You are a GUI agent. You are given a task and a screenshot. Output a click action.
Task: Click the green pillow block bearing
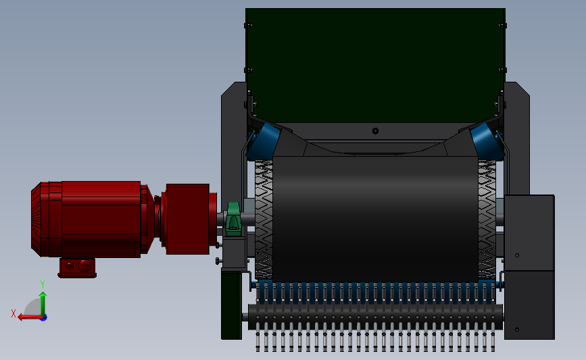coord(233,219)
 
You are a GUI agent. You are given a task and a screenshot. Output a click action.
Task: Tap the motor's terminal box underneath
coord(77,267)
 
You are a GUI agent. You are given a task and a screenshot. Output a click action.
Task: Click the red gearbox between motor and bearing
coord(187,218)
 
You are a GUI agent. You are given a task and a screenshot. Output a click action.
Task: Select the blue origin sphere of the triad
coord(43,317)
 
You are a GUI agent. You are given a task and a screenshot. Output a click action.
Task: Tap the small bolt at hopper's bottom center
coord(375,130)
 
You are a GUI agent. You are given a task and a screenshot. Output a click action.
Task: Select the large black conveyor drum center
coord(375,216)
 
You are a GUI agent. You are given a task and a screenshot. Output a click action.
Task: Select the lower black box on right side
coord(529,304)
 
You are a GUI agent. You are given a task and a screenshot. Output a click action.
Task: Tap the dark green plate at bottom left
coord(231,304)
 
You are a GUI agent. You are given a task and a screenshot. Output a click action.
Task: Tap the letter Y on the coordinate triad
coord(42,284)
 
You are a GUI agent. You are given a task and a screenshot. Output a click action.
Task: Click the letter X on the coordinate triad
coord(14,313)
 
